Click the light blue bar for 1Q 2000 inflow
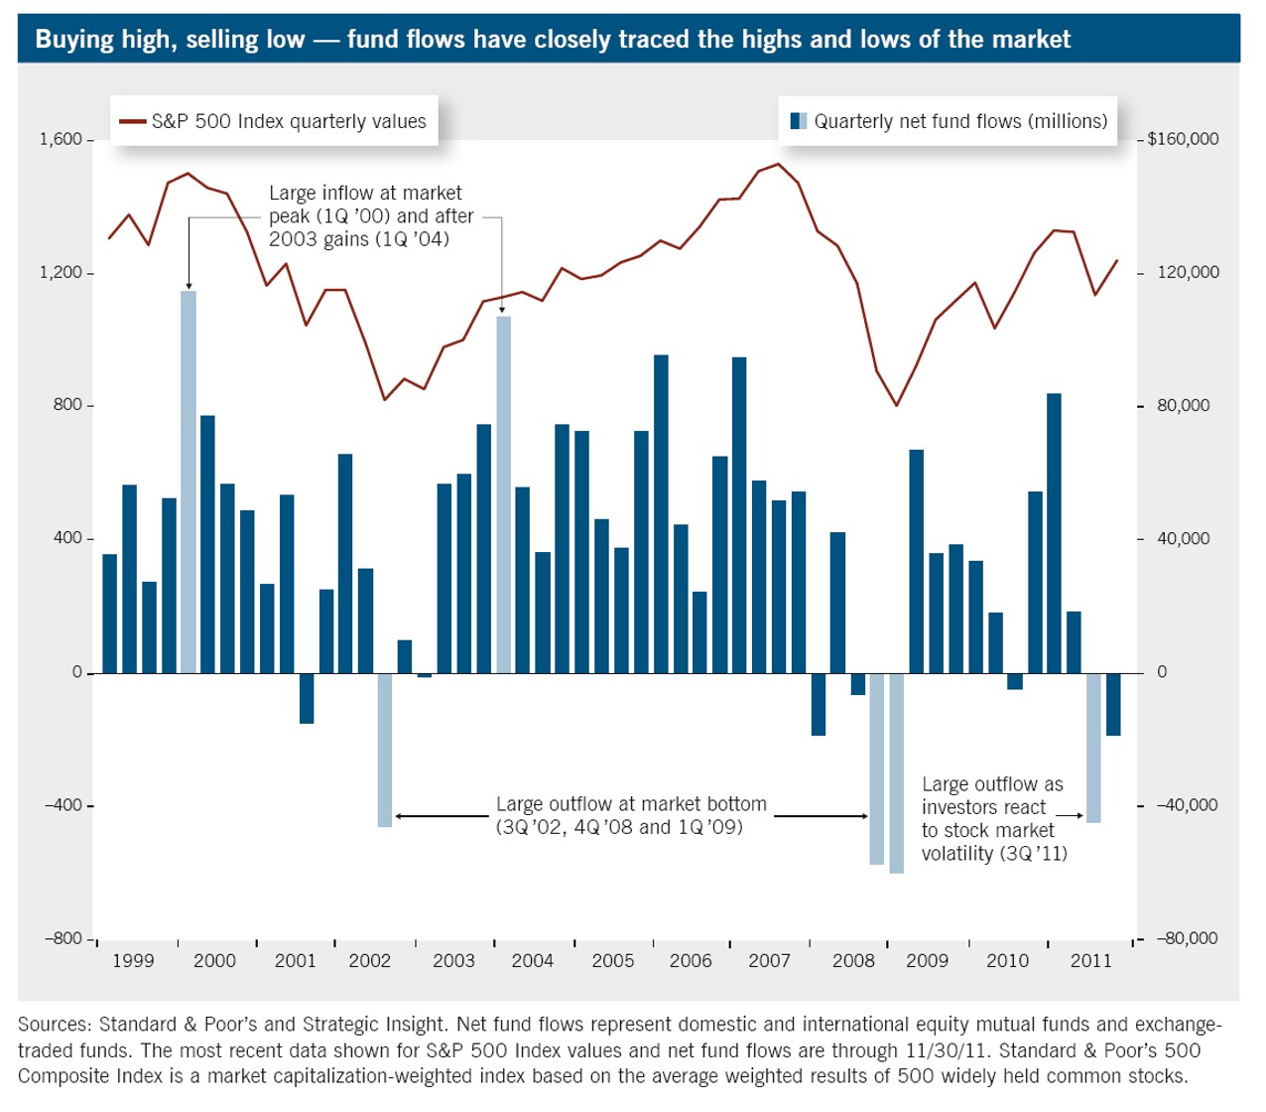(x=189, y=482)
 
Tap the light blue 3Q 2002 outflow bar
(x=385, y=750)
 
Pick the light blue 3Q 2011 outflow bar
(x=1093, y=748)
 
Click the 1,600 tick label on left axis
(x=62, y=140)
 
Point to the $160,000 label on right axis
(x=1183, y=139)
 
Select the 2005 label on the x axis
(x=613, y=961)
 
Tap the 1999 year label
(x=133, y=961)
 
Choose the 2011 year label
(x=1091, y=961)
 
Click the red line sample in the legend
(x=133, y=122)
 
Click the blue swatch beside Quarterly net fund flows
(x=799, y=121)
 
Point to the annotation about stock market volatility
(x=993, y=819)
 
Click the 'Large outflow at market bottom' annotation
(x=631, y=815)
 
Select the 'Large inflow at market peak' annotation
(x=370, y=215)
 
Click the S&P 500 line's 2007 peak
(x=779, y=165)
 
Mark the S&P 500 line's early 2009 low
(x=896, y=405)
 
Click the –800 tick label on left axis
(x=63, y=938)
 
